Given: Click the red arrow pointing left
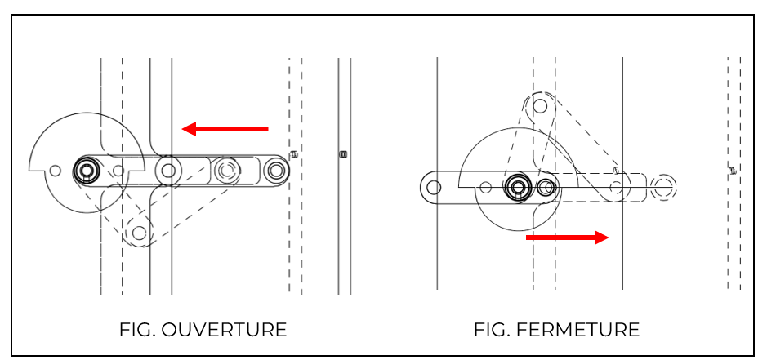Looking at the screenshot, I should click(x=225, y=128).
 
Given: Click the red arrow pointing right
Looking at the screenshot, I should click(x=568, y=238).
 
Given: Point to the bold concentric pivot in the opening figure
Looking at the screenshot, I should click(x=86, y=170).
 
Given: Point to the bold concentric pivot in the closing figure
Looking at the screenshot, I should click(x=516, y=187).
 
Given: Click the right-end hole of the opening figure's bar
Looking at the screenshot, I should click(x=277, y=170).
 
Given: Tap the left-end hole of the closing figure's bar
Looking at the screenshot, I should click(x=434, y=187).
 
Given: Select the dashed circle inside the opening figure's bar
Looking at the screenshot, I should click(x=226, y=170).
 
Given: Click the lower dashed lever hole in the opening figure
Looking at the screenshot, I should click(x=140, y=233).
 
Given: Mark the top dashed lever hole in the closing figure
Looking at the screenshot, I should click(x=540, y=105).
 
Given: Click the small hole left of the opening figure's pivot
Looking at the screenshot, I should click(x=55, y=171).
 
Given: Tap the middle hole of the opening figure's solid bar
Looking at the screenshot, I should click(x=168, y=171).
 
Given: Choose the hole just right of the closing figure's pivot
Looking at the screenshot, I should click(x=546, y=188).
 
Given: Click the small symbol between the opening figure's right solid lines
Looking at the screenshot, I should click(x=344, y=153).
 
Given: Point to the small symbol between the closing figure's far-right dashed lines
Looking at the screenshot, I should click(x=734, y=171).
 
